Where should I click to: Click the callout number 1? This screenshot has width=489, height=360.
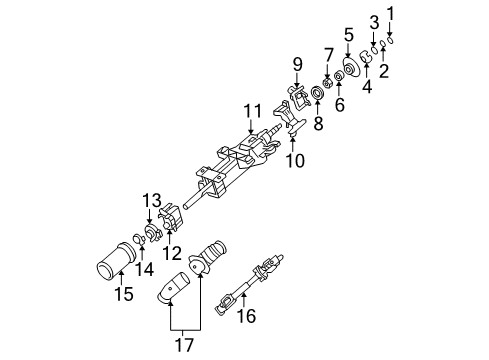point(392,13)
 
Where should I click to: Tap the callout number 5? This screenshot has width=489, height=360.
point(349,35)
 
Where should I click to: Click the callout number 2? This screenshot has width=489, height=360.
point(382,70)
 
